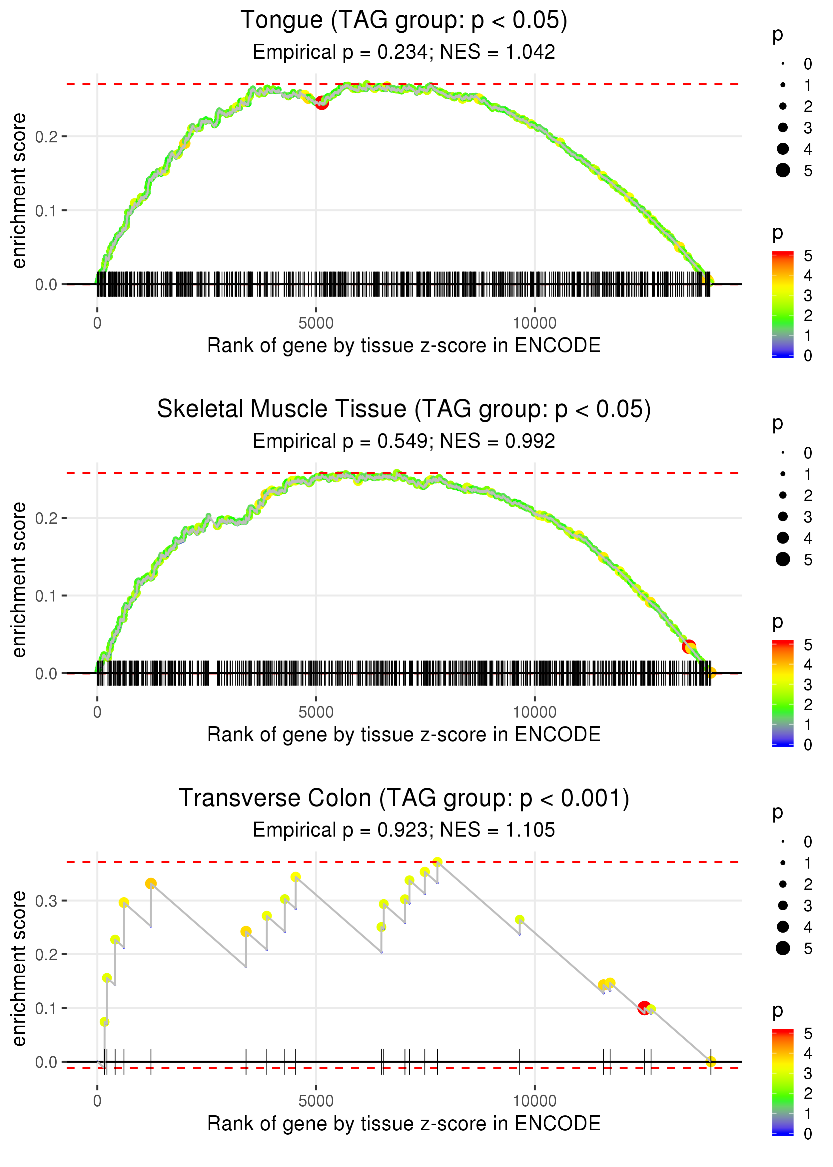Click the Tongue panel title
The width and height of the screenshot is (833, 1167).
click(x=404, y=21)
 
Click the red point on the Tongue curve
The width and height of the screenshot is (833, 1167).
click(x=322, y=103)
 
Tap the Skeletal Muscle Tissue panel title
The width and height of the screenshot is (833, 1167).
click(x=404, y=409)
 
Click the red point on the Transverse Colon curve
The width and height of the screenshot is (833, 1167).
click(x=644, y=1008)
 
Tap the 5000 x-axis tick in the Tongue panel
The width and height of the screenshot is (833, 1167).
click(x=316, y=323)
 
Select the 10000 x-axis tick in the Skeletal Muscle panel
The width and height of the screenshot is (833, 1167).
click(x=534, y=712)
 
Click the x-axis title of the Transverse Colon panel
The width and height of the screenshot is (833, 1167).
click(x=404, y=1124)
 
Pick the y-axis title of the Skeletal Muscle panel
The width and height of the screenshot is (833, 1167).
click(x=19, y=579)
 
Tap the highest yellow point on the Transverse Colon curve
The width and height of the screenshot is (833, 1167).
click(x=437, y=862)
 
